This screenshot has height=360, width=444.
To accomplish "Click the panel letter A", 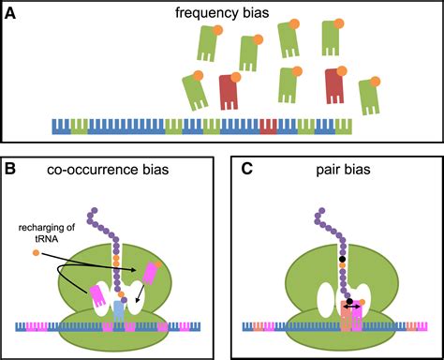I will [11, 12].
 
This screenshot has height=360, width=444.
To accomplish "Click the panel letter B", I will [11, 169].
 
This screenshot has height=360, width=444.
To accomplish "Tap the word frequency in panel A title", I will [202, 12].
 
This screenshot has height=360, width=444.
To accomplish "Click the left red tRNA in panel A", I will [229, 93].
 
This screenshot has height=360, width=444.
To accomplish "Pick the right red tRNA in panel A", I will [339, 85].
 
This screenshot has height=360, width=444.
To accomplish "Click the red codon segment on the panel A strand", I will [269, 125].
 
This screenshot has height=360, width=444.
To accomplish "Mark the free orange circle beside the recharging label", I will [36, 252].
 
